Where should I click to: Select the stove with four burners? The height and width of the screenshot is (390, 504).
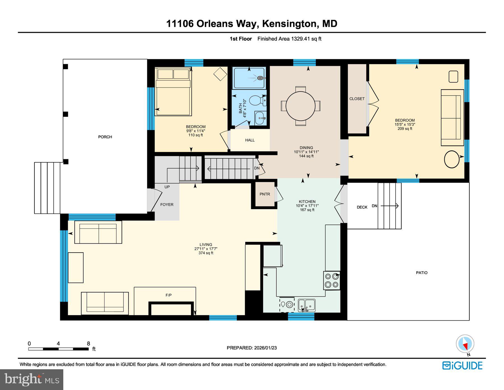coord(332,280)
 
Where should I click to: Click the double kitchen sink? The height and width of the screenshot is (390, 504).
coord(306,304)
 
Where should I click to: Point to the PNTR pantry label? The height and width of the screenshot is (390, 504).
coord(265,194)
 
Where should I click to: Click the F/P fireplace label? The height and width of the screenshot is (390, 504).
coord(169,295)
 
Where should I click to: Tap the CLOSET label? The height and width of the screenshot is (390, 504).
coord(357,99)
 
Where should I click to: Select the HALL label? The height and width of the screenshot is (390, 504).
coord(250,140)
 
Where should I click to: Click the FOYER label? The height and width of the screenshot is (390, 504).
coord(167,205)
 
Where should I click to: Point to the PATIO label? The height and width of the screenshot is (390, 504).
coord(422,273)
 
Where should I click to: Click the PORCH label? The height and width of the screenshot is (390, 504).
coord(105,137)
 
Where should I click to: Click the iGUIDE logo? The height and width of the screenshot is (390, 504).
coord(462,366)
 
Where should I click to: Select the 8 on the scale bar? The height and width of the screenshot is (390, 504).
coord(88,343)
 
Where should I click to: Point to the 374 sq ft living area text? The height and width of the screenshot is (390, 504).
coord(206,253)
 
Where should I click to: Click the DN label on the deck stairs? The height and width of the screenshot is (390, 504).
coord(374,206)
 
